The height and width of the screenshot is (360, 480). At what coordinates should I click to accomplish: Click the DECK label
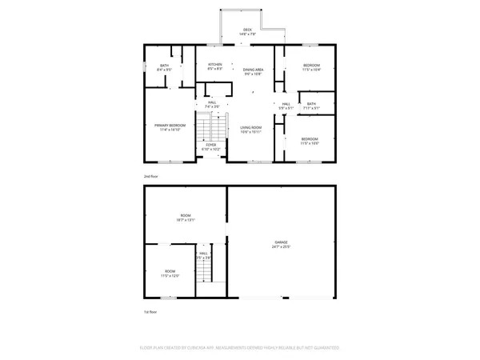click(247, 30)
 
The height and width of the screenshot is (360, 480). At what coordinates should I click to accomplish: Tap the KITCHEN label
click(215, 64)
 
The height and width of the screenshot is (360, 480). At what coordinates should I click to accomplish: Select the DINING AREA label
click(254, 70)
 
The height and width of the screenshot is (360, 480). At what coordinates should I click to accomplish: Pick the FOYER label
click(210, 146)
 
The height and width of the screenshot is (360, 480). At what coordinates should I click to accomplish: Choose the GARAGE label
click(282, 242)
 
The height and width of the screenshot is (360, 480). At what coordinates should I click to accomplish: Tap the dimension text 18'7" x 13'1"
click(186, 219)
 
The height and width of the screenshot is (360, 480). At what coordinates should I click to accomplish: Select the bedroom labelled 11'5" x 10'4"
click(311, 65)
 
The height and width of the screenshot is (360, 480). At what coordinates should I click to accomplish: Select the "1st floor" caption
click(150, 312)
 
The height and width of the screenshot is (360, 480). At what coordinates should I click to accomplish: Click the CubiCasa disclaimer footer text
click(240, 348)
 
